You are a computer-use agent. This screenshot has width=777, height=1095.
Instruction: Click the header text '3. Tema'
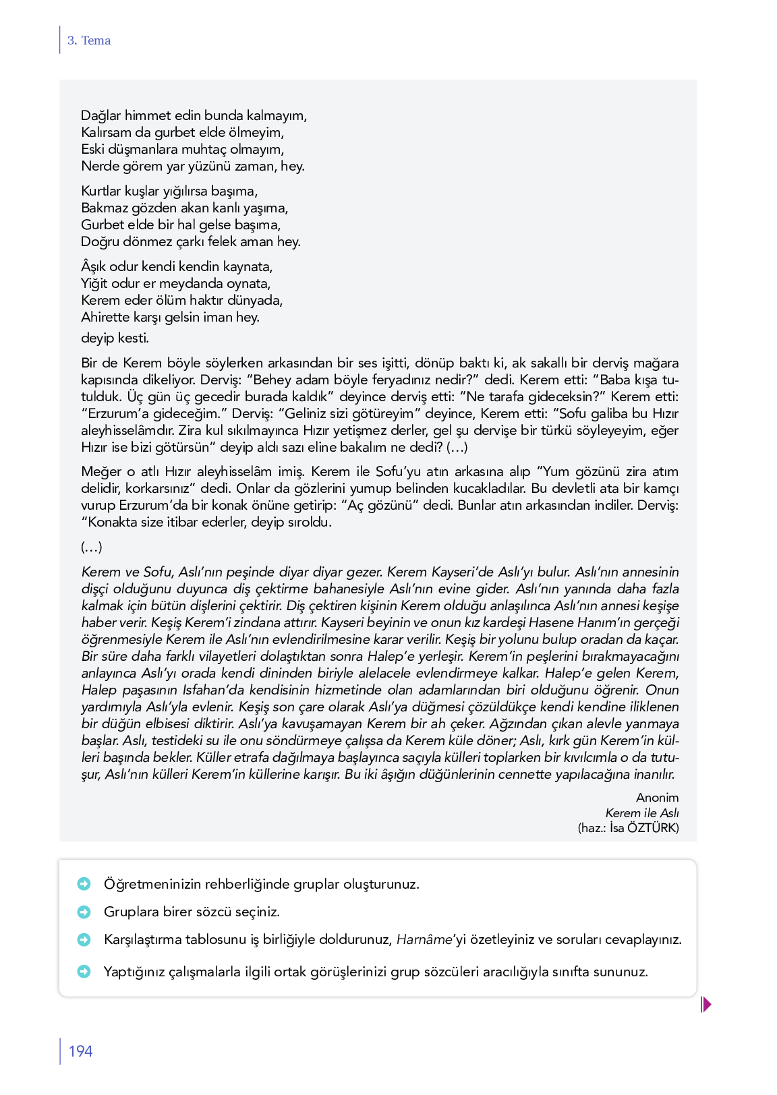(x=89, y=40)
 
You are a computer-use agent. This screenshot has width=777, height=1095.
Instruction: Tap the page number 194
(x=80, y=1051)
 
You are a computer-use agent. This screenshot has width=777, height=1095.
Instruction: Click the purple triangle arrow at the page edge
(x=706, y=1005)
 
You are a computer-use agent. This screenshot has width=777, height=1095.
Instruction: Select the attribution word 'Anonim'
(x=657, y=798)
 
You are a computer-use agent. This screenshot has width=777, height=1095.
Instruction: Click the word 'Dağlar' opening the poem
(x=100, y=115)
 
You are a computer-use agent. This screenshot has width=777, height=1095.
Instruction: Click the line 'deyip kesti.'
(x=115, y=338)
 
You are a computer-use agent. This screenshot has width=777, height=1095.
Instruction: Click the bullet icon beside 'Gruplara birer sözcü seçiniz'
(x=84, y=912)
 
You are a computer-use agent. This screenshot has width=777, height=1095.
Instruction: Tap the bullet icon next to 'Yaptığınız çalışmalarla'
(x=84, y=972)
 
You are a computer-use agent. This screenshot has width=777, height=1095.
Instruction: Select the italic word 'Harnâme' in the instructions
(x=424, y=939)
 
